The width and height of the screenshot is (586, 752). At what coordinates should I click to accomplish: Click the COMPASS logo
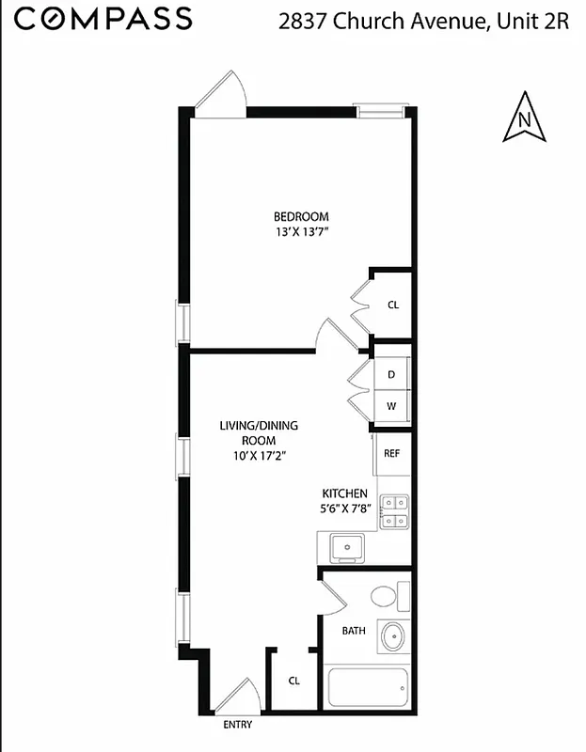click(x=103, y=18)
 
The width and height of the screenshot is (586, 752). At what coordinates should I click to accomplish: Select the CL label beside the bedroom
click(x=393, y=305)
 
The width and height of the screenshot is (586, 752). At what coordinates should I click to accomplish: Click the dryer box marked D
click(x=392, y=374)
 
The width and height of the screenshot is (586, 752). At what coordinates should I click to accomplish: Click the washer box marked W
click(x=392, y=406)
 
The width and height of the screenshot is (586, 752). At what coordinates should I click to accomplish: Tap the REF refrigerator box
click(x=392, y=453)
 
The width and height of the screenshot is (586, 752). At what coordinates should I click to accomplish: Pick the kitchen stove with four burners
click(x=393, y=510)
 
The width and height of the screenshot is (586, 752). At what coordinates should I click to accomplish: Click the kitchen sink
click(x=346, y=544)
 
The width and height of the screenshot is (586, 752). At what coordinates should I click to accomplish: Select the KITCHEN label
click(x=344, y=493)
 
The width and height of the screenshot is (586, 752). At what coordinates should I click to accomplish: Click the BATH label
click(x=353, y=631)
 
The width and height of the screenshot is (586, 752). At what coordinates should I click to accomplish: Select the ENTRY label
click(x=237, y=725)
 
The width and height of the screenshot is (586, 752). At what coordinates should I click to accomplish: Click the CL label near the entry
click(x=293, y=681)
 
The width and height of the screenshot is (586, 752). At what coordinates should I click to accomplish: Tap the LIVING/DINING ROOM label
click(x=259, y=432)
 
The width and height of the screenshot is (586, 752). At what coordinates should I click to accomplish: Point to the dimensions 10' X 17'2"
click(x=259, y=455)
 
